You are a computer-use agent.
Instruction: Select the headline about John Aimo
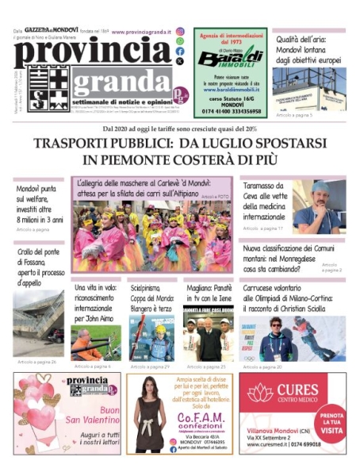(x=95, y=305)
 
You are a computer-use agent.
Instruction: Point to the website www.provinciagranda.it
(x=142, y=32)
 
